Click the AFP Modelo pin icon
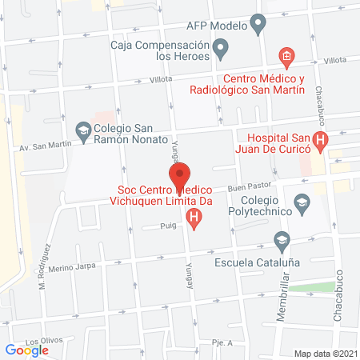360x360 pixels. pos(258,26)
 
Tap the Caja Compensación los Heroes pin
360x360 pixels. pos(223,51)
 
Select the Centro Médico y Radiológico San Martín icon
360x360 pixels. pos(285,56)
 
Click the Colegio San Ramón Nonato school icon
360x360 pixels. pos(83,129)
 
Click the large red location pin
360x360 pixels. pos(180,174)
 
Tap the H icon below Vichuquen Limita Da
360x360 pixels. pos(193,217)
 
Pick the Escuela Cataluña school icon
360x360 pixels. pos(281,239)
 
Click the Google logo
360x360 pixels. pos(27,350)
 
